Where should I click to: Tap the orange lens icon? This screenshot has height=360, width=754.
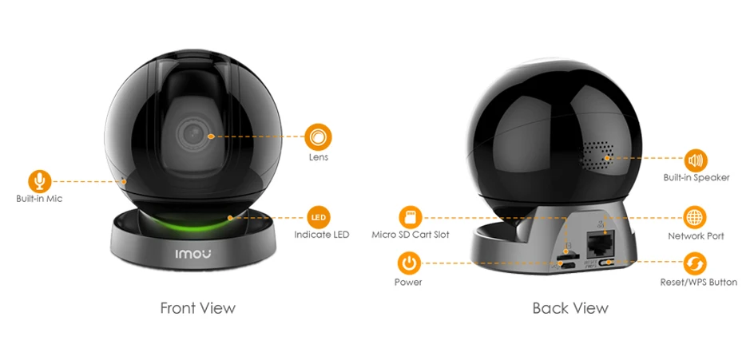319,136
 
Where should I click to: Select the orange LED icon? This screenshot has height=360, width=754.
318,217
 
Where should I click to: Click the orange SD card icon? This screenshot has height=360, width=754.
411,217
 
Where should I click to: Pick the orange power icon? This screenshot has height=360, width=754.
409,263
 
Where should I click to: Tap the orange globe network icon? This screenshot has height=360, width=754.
696,217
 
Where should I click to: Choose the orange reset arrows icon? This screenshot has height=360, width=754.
696,263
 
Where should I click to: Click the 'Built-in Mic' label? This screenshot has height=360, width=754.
38,199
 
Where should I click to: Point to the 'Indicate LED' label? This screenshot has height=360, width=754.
322,235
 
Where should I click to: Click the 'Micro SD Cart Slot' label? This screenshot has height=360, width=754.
411,235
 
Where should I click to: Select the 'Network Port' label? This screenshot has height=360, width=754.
696,236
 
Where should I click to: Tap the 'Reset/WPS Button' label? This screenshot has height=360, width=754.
698,283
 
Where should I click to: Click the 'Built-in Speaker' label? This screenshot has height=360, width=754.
696,177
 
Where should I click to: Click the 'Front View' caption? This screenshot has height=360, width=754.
198,307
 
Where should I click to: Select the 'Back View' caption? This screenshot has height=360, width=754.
570,307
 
